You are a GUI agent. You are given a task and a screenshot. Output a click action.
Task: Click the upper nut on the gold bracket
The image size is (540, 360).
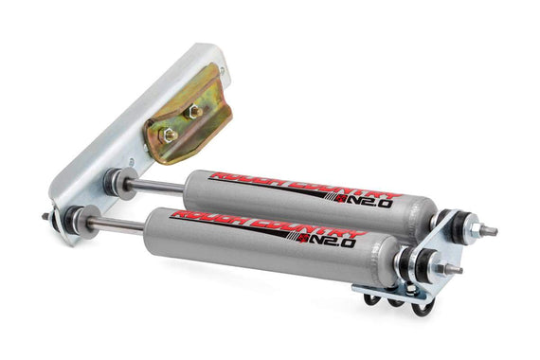coord(194,112)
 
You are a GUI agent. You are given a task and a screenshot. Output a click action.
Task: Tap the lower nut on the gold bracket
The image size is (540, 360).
coord(169,135)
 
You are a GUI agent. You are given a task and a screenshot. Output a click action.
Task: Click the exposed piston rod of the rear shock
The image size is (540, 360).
coord(156,187)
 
